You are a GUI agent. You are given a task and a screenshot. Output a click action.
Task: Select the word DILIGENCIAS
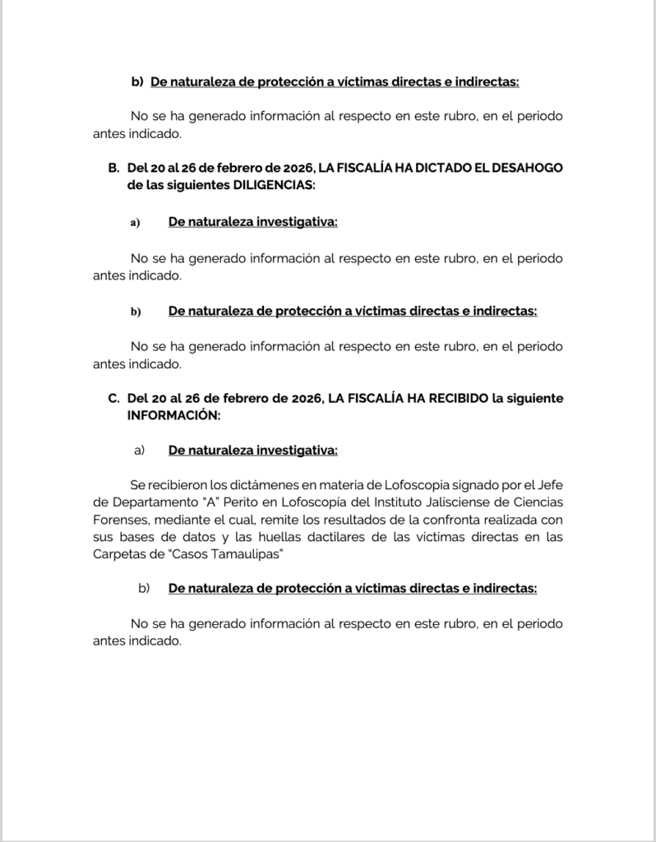(x=274, y=186)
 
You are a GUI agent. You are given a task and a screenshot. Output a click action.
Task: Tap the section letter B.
(x=113, y=168)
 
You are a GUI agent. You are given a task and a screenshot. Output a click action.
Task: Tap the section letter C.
(x=113, y=398)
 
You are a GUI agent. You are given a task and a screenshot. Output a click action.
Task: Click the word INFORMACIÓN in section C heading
(x=173, y=416)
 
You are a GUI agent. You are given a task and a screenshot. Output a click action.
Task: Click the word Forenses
(x=120, y=520)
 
